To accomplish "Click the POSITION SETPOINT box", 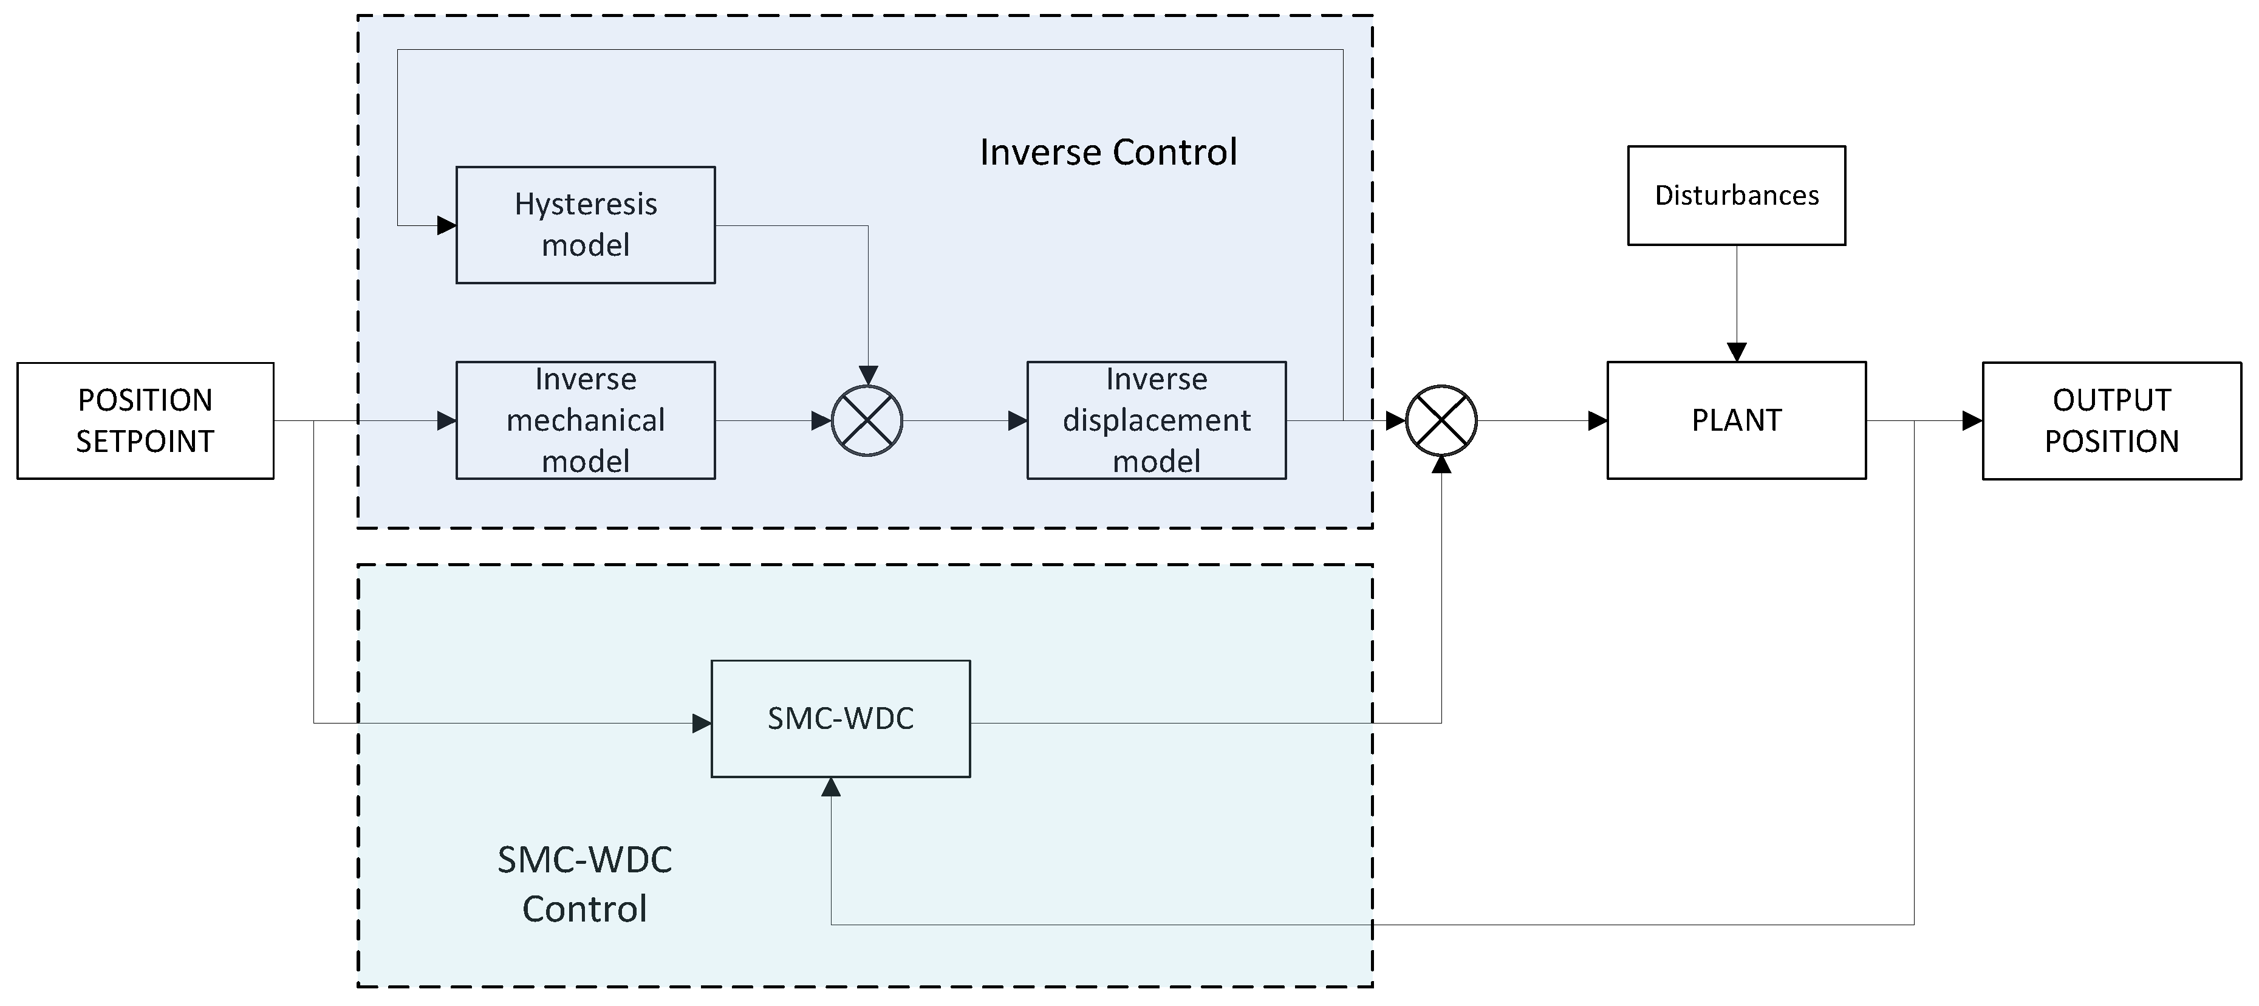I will [146, 421].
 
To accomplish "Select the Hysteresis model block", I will [585, 225].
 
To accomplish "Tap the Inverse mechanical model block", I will [585, 420].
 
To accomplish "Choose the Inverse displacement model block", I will [1156, 420].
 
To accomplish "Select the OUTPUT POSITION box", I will [2111, 421].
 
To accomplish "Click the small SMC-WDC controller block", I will [840, 718].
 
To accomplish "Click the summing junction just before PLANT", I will [1441, 421].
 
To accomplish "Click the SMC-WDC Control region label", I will [584, 884].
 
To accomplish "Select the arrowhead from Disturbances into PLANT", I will [1737, 352].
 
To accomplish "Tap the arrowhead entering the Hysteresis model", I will [446, 225].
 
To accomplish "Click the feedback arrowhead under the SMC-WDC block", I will [832, 787].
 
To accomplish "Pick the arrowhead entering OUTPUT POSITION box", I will [1972, 421].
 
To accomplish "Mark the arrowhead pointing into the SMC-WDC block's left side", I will [702, 724].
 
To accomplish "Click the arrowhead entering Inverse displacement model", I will [1017, 421].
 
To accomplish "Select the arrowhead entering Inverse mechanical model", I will [446, 421].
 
